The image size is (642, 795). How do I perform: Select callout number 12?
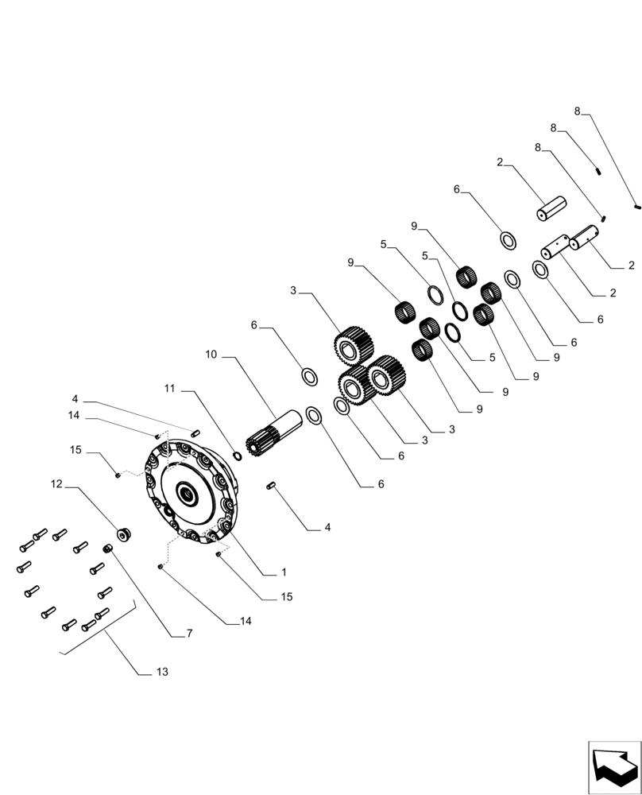(x=57, y=483)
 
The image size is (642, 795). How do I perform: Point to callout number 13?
(x=161, y=672)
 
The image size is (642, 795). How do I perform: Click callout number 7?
(x=188, y=634)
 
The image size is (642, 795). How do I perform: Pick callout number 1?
(x=283, y=572)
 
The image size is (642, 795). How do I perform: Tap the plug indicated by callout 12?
(x=123, y=534)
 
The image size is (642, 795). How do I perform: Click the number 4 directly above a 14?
(x=75, y=398)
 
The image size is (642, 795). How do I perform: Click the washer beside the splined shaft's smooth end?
(x=314, y=414)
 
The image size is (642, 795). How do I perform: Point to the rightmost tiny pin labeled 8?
(x=637, y=207)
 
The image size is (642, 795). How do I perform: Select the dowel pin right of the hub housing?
(x=273, y=484)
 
